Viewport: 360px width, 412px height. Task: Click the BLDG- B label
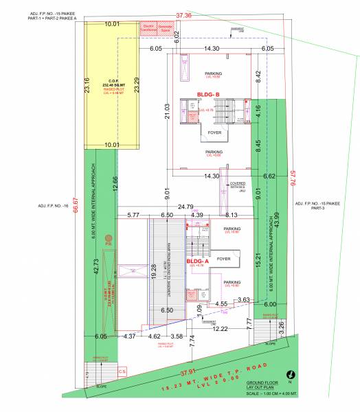click(x=207, y=94)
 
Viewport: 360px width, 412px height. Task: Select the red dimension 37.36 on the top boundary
click(x=183, y=14)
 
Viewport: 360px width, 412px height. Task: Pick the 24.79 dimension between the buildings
click(x=185, y=206)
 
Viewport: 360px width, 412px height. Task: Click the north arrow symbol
click(x=291, y=374)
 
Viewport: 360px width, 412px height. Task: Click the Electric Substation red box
click(x=148, y=28)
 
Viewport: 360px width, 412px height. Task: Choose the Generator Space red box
click(x=167, y=28)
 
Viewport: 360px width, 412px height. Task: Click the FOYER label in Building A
click(x=223, y=259)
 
